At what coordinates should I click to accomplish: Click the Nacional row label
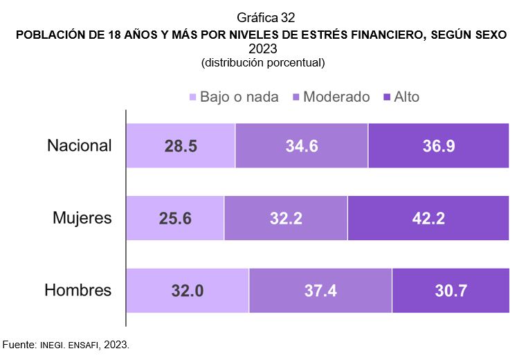79,145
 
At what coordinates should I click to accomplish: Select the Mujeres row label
82,218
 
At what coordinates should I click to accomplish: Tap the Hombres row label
78,290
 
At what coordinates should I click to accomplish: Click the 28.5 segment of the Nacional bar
181,146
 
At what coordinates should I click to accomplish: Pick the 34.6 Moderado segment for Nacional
302,146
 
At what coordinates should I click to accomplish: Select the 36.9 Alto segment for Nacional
439,146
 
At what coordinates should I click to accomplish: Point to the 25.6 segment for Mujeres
175,218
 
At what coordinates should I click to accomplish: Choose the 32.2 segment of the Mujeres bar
286,218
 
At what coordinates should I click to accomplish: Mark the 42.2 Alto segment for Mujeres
428,218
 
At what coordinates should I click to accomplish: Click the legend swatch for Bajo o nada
192,98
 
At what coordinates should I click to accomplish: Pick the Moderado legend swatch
296,98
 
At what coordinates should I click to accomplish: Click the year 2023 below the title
263,48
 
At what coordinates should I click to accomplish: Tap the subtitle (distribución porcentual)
263,62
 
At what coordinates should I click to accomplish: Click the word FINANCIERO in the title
367,34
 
